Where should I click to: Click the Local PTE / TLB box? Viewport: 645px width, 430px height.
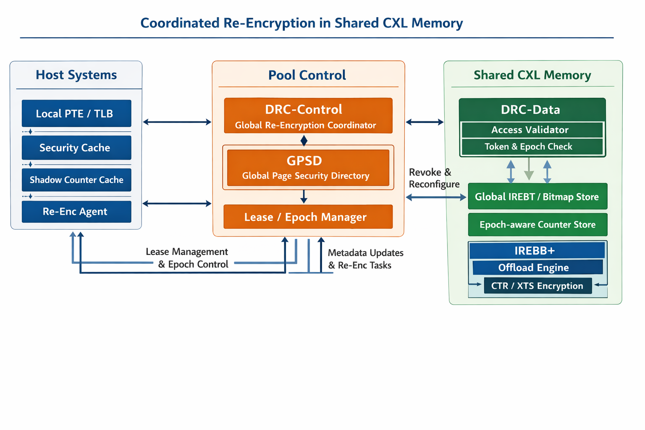point(76,113)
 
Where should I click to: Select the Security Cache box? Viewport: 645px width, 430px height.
point(76,148)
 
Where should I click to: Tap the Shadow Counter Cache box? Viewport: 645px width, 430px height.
point(76,180)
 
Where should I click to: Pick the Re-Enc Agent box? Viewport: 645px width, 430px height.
point(76,212)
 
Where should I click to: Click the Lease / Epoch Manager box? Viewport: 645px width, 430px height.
point(308,217)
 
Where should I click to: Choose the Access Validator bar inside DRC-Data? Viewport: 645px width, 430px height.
point(532,130)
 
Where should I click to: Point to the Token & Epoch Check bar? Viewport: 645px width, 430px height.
point(532,147)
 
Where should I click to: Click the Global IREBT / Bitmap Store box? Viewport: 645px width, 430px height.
point(537,197)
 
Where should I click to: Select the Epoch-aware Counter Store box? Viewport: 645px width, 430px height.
point(537,225)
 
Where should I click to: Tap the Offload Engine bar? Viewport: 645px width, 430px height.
point(537,267)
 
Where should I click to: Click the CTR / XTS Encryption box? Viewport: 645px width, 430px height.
point(537,286)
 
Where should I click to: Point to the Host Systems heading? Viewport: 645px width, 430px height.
point(76,75)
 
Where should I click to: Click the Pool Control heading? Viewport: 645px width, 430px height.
point(307,75)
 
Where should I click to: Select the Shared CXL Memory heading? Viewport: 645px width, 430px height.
point(532,75)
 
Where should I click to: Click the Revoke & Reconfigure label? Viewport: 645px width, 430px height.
point(433,178)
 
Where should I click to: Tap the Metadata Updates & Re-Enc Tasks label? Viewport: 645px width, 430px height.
point(365,259)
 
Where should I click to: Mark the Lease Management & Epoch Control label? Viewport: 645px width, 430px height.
point(188,258)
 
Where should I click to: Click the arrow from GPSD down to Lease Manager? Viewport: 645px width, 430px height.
point(304,196)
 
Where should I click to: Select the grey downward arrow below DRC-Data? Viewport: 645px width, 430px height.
point(529,169)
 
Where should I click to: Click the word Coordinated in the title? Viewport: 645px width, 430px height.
point(180,23)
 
